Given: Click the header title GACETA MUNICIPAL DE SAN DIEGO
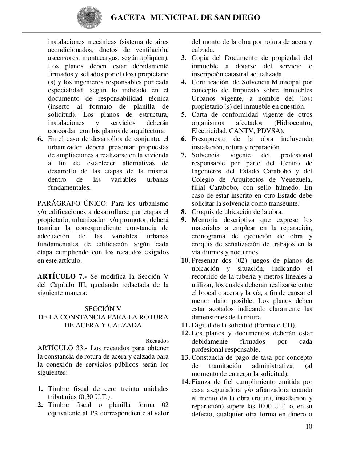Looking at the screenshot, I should (x=185, y=17).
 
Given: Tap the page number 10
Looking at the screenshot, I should (x=309, y=426).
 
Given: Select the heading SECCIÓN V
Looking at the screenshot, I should (x=103, y=309).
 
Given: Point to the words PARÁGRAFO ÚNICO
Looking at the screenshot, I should (x=72, y=203).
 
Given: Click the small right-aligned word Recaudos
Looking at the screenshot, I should (x=157, y=341).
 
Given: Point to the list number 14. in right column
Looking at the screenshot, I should (x=185, y=382).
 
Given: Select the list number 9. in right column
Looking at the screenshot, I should (x=184, y=220).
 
